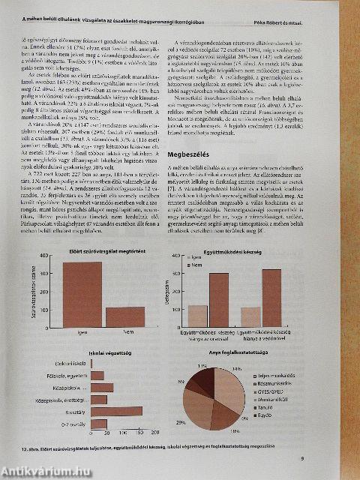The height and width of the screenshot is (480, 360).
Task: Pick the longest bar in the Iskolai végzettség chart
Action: (x=115, y=412)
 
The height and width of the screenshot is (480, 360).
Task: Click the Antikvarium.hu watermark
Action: (x=37, y=470)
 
